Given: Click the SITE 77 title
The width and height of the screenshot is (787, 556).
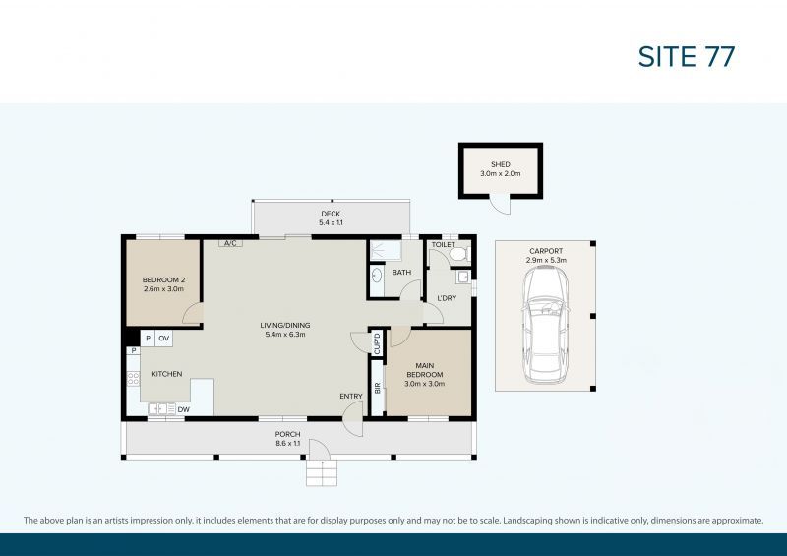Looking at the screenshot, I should (686, 56).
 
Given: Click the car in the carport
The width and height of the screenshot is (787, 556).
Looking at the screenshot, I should (545, 326).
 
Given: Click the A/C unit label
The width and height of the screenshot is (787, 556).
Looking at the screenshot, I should (230, 242).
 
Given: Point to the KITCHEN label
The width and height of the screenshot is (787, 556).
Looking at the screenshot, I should (166, 374).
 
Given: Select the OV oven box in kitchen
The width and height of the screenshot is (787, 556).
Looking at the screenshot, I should (164, 339).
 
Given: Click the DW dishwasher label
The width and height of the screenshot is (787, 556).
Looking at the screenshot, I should (183, 409).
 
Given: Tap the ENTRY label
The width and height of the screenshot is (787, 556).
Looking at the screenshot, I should (351, 396).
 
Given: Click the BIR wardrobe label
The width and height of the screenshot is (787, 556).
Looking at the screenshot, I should (377, 388).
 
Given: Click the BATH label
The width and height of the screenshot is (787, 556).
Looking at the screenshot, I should (401, 273).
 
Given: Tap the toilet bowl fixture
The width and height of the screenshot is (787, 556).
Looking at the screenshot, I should (456, 255).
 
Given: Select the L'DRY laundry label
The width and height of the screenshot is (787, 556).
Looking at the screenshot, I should (445, 297).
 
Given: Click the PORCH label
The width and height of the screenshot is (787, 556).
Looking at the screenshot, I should (287, 434).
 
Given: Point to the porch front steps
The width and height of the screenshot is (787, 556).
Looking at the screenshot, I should (321, 474).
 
